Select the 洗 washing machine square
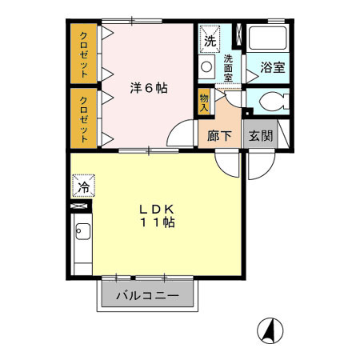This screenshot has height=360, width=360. coord(210,40)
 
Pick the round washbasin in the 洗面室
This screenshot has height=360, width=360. coord(206,67)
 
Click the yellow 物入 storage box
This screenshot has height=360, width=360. coord(205,101)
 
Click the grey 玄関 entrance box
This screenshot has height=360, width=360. coord(259,136)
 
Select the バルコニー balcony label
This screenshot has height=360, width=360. coord(147,295)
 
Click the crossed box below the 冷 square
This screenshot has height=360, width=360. coord(81,206)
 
